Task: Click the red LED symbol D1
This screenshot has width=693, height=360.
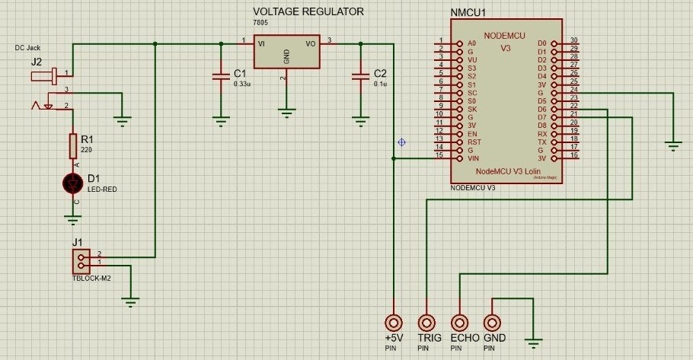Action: (73, 183)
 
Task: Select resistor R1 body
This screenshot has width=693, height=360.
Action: (73, 144)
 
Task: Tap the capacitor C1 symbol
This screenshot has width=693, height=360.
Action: (220, 76)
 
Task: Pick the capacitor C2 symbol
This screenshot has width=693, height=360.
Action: (359, 76)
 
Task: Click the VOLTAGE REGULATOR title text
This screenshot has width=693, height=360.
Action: (308, 12)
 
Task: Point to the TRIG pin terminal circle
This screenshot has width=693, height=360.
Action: (426, 322)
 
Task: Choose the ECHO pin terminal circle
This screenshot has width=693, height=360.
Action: (459, 322)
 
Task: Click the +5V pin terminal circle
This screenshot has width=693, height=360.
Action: (393, 322)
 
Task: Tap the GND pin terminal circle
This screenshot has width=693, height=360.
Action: (493, 322)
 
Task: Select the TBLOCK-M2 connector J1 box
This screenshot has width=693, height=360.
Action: (81, 262)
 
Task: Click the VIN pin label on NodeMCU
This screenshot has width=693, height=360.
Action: (473, 158)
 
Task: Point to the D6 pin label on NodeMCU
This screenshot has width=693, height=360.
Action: (541, 109)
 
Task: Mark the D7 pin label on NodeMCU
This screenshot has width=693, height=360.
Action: (541, 117)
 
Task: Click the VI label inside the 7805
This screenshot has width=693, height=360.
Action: (261, 43)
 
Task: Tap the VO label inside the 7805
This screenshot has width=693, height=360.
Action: (310, 43)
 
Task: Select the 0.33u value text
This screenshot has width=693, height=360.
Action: (242, 84)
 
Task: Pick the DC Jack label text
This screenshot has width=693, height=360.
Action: (27, 47)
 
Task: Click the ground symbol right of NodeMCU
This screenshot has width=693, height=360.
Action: (673, 143)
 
